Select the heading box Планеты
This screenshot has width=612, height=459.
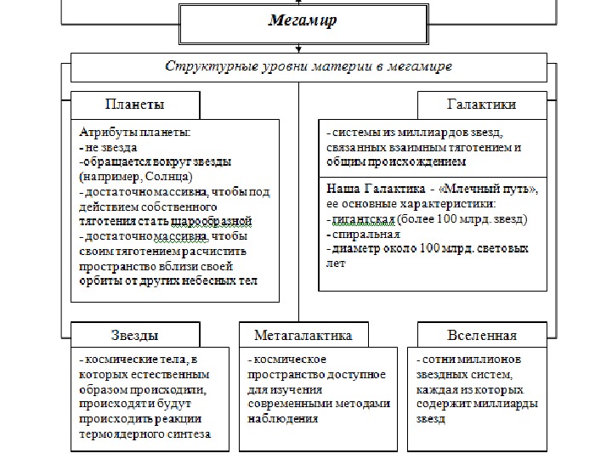click(135, 105)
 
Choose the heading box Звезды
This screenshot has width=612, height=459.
click(134, 335)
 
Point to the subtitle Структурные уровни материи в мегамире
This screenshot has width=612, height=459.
click(308, 65)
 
